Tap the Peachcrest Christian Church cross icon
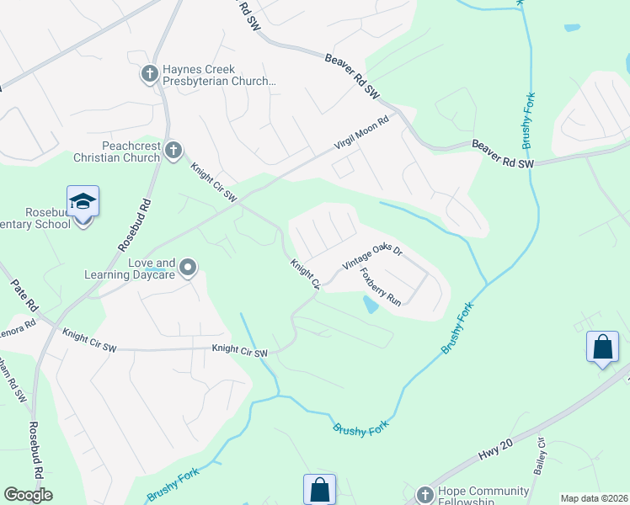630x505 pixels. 174,151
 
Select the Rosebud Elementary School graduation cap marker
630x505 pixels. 83,202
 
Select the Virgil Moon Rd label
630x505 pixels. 361,133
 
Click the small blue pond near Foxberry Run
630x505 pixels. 370,304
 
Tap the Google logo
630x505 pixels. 28,495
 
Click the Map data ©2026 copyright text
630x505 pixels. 594,498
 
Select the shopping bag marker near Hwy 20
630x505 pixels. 603,348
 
